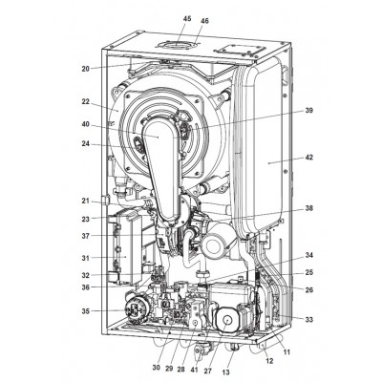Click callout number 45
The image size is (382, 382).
click(187, 19)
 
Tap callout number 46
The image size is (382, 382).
click(204, 21)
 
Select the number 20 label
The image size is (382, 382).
click(85, 69)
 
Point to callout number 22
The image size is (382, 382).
click(85, 102)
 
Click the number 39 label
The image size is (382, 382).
click(308, 111)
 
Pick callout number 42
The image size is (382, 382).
click(308, 158)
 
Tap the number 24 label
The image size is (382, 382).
click(85, 144)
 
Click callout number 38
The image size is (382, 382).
click(308, 208)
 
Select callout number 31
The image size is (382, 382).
click(85, 258)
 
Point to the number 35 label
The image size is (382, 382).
click(85, 311)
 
